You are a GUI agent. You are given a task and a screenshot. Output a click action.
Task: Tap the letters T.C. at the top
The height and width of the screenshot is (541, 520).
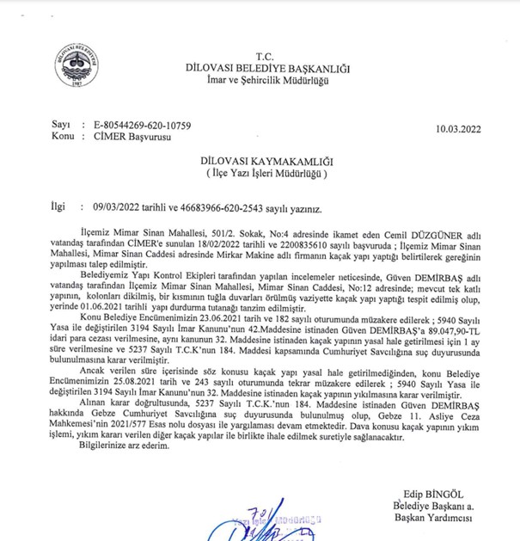(260, 54)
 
